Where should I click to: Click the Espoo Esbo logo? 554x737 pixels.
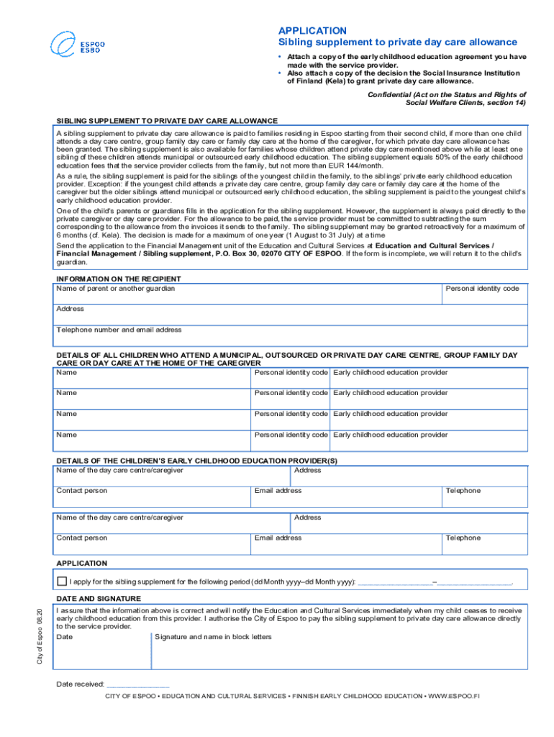77,45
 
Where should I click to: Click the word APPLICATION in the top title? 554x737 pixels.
312,30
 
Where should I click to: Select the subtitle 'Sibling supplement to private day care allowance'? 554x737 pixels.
398,42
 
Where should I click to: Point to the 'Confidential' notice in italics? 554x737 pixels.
447,99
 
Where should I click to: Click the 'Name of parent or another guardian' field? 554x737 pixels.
248,294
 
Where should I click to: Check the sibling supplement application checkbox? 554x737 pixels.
62,581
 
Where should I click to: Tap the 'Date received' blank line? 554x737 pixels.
137,684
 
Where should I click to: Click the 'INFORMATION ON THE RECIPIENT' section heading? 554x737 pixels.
119,279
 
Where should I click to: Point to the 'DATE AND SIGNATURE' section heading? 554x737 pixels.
99,599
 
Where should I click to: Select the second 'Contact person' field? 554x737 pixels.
153,543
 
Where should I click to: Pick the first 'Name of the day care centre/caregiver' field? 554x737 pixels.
171,476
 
